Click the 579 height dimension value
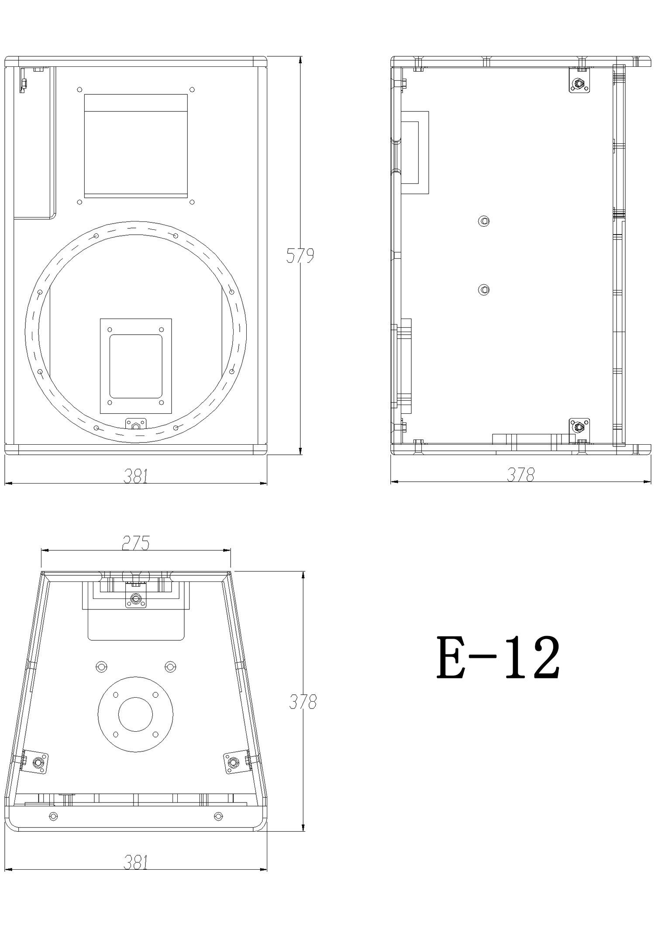pyautogui.click(x=300, y=256)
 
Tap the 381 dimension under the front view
pyautogui.click(x=136, y=476)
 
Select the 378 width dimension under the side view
pyautogui.click(x=521, y=474)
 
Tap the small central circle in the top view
pyautogui.click(x=136, y=714)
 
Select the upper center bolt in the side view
pyautogui.click(x=484, y=221)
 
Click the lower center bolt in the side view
pyautogui.click(x=484, y=290)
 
